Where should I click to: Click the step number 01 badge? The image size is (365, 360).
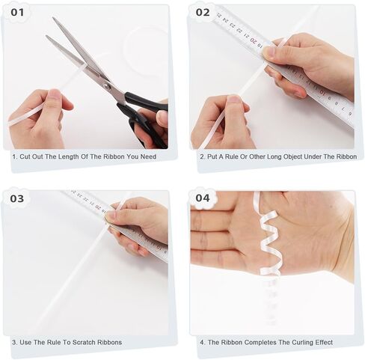(17, 12)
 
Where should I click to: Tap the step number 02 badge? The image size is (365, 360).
(203, 12)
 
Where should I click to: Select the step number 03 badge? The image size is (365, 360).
(17, 198)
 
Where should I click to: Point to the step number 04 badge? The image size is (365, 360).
(203, 198)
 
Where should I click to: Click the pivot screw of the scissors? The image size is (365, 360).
(107, 87)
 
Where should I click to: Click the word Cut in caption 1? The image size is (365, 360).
(25, 156)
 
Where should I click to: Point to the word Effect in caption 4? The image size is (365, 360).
(325, 342)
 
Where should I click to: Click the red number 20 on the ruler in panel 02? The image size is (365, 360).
(254, 40)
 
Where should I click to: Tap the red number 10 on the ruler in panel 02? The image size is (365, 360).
(322, 93)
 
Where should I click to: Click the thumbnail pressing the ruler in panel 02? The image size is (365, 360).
(269, 52)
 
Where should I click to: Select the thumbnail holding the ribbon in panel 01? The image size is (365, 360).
(55, 94)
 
